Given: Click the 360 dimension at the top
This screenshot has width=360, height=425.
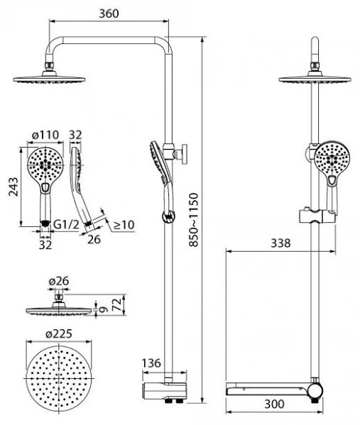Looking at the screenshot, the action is (109, 13).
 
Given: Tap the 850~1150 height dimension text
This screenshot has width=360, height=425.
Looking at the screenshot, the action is (194, 220).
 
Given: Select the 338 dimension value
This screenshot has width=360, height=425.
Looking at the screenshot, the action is (280, 243).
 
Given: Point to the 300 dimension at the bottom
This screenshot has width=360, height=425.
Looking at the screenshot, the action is (274, 404).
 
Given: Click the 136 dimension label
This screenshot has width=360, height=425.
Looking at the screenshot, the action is (151, 363).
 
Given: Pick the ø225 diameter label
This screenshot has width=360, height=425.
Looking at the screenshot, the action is (59, 333).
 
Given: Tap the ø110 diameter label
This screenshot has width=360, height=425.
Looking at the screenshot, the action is (45, 135).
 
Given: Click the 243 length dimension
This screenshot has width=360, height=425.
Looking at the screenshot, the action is (13, 187).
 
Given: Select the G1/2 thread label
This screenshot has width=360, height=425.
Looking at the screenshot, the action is (66, 224).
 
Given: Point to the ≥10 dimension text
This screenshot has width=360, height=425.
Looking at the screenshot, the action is (124, 225).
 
